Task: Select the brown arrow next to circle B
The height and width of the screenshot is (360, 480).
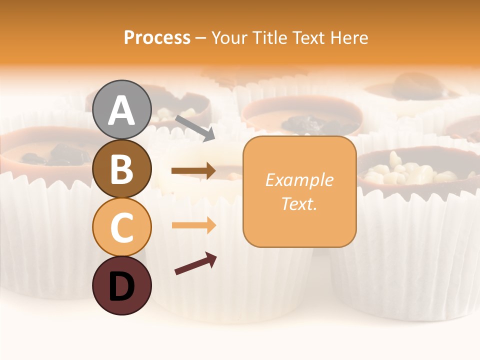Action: click(x=193, y=171)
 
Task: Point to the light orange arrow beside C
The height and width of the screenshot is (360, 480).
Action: click(x=193, y=225)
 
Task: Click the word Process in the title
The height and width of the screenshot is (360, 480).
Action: click(x=157, y=37)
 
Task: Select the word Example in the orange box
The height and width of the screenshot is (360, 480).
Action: click(x=299, y=180)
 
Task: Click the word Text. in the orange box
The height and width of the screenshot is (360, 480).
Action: click(x=299, y=203)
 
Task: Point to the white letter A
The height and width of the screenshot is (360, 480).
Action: click(x=122, y=110)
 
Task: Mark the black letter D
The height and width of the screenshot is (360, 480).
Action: click(x=122, y=287)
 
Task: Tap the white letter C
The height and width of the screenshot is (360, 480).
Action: click(x=122, y=228)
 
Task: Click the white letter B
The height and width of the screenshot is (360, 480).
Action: click(x=122, y=169)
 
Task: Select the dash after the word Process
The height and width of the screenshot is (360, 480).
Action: click(x=200, y=38)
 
